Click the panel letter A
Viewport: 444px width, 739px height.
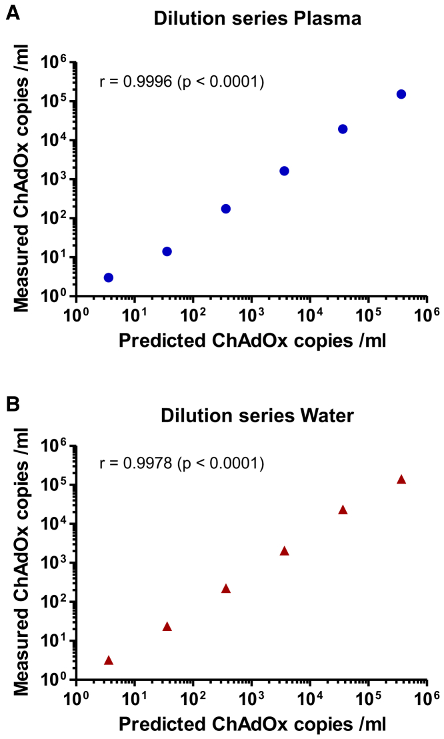[x=11, y=11]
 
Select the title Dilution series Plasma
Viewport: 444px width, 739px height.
[x=257, y=19]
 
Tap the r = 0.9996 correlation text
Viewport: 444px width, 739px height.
[x=182, y=82]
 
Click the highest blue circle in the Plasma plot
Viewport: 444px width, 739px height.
[x=401, y=94]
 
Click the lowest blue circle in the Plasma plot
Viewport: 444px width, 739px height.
[x=109, y=277]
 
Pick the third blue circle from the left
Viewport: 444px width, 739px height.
[x=226, y=209]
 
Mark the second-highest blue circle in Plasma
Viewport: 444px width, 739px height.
[x=343, y=129]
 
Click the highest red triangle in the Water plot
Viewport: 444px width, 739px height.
[x=401, y=480]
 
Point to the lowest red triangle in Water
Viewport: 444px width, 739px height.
[x=109, y=660]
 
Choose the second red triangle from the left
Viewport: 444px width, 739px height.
[x=167, y=626]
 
